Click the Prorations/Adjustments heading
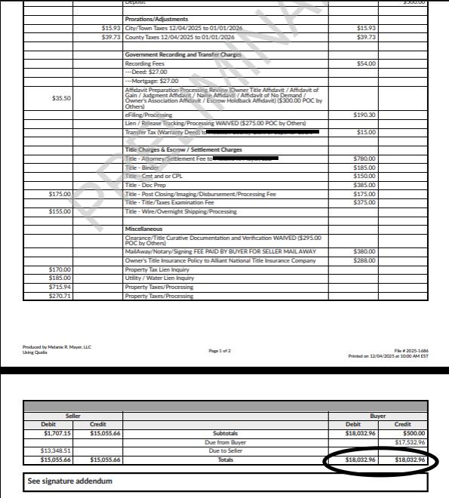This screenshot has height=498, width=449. coord(156,19)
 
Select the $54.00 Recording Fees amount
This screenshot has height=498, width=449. coord(366,63)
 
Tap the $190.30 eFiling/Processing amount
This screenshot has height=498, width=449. coord(366,115)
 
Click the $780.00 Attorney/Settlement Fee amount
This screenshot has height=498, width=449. coord(366,158)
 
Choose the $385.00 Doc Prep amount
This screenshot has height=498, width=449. coord(366,185)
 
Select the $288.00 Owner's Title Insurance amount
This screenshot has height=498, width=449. coord(366,260)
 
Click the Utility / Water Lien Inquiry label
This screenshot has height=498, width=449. coord(159,278)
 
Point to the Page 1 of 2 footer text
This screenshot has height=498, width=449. coord(224,351)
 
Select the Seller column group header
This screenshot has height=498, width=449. coord(73,416)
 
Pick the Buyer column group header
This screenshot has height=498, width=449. coord(377,416)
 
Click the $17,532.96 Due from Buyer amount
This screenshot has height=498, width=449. coord(410,442)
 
